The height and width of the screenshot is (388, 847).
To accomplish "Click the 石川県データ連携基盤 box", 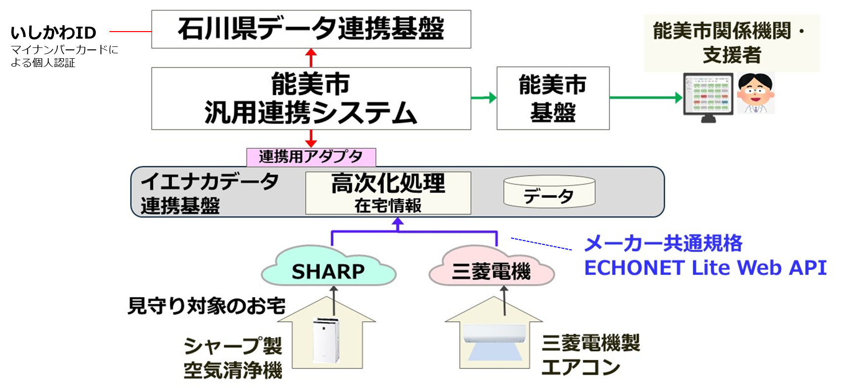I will click(x=311, y=29).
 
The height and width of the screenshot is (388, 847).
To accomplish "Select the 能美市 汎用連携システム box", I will click(x=311, y=98).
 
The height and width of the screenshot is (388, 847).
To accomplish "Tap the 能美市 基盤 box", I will click(x=552, y=98).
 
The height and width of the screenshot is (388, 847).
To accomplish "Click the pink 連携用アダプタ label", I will click(x=311, y=157).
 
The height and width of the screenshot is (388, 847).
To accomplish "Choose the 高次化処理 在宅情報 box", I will click(x=388, y=193).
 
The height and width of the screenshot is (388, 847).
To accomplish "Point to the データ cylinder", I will click(x=549, y=192).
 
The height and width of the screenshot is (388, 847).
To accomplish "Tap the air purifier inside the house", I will click(x=326, y=341).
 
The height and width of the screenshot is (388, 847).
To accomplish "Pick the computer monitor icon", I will click(x=708, y=96).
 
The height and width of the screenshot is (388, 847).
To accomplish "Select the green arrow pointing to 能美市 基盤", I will click(x=483, y=98).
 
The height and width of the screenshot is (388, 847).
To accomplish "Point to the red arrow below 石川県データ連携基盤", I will click(x=311, y=57).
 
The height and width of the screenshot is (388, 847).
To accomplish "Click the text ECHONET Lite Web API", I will click(x=705, y=268).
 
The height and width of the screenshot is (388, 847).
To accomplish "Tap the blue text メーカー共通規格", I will click(x=663, y=243).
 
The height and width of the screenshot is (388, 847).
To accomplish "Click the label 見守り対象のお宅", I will click(x=206, y=306).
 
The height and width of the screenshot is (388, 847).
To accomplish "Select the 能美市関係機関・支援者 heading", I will click(x=732, y=42).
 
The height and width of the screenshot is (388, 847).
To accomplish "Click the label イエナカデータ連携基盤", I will click(x=210, y=193).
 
